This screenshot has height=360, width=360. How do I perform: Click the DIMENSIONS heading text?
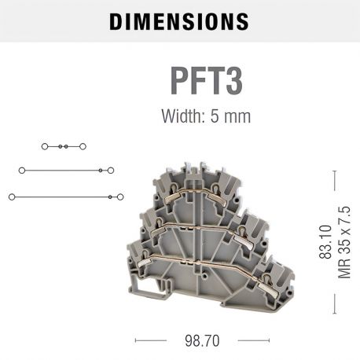pos(179,21)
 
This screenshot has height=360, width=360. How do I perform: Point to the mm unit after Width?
pos(236,116)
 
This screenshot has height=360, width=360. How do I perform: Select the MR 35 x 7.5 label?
pos(343,243)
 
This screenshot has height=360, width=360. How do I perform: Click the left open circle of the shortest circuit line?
pos(45,146)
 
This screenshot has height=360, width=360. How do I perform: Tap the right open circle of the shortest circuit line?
pos(83,146)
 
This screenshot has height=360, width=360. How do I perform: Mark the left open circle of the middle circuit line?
pos(22,170)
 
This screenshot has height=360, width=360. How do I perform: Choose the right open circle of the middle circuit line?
pos(111,170)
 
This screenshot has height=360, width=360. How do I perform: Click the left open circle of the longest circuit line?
pos(12,197)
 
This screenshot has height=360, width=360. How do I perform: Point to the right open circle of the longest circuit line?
pos(120,197)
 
